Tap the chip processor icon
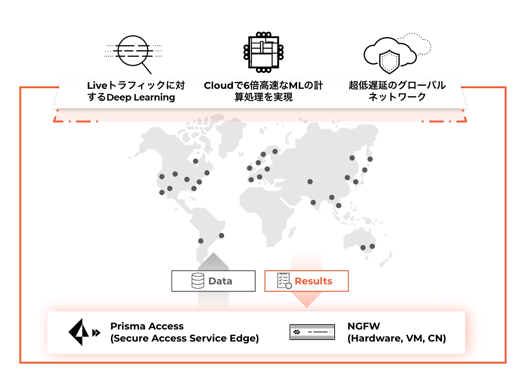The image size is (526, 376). [x=264, y=52]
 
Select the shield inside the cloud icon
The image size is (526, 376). [x=389, y=62]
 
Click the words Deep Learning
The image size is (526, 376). [x=140, y=97]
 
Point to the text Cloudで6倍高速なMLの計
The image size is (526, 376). [x=263, y=85]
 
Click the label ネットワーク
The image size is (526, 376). [x=397, y=97]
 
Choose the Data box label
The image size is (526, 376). [x=220, y=281]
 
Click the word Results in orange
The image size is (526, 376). [x=313, y=281]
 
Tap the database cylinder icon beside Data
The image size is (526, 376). [x=198, y=281]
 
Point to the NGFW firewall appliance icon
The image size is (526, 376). [x=312, y=332]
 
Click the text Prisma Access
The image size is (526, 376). [x=147, y=326]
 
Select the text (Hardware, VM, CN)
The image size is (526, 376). [x=397, y=338]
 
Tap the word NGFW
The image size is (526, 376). [x=364, y=326]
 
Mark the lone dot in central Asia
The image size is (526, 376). [x=310, y=181]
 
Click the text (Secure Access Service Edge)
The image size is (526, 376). [x=185, y=338]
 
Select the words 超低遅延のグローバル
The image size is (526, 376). [x=397, y=85]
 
